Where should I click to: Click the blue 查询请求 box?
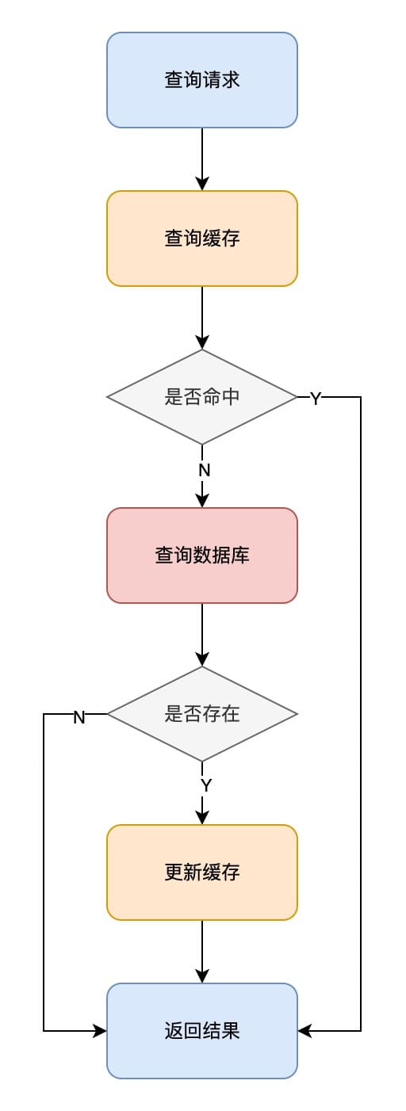click(x=202, y=80)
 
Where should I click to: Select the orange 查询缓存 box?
click(x=202, y=239)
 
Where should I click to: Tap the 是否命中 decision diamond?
click(x=202, y=397)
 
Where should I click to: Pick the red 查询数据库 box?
click(x=202, y=555)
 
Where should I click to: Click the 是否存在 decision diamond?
click(x=202, y=714)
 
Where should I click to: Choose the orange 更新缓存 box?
click(x=202, y=872)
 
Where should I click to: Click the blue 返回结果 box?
click(x=202, y=1031)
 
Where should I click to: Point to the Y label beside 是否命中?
click(x=315, y=398)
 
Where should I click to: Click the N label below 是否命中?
click(x=205, y=470)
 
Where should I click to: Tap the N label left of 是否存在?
click(x=79, y=717)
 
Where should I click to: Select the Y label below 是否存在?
click(x=206, y=785)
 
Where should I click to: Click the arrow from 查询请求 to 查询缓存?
click(x=202, y=159)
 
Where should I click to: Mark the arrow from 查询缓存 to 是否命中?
click(x=202, y=318)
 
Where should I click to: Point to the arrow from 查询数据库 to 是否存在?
click(x=202, y=635)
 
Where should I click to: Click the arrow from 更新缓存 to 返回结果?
click(x=202, y=952)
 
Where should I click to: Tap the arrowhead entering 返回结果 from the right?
click(x=304, y=1031)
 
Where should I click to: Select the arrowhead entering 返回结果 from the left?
click(x=100, y=1031)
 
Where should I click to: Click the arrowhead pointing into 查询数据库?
click(x=202, y=501)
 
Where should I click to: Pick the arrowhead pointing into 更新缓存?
click(x=202, y=818)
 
